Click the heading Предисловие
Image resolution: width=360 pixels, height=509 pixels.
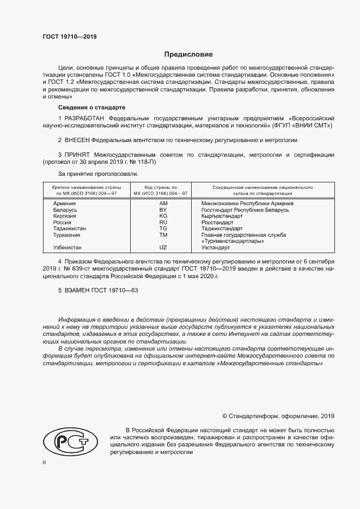(189, 54)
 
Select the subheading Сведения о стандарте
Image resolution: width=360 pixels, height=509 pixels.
(91, 107)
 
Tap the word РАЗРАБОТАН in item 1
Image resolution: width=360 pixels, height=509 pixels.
(85, 118)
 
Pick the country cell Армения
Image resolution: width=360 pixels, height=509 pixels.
(64, 203)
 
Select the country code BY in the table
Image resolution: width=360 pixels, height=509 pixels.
(162, 209)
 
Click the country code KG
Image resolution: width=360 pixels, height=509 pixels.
(162, 216)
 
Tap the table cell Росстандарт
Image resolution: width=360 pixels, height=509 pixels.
(217, 222)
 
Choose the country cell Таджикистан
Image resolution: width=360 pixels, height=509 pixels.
(70, 229)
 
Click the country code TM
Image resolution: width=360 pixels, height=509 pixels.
(162, 235)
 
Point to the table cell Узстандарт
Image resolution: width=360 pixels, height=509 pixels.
(215, 247)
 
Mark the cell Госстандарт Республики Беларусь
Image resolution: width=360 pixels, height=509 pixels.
(245, 209)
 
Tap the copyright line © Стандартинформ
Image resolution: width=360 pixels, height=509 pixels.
(278, 416)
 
